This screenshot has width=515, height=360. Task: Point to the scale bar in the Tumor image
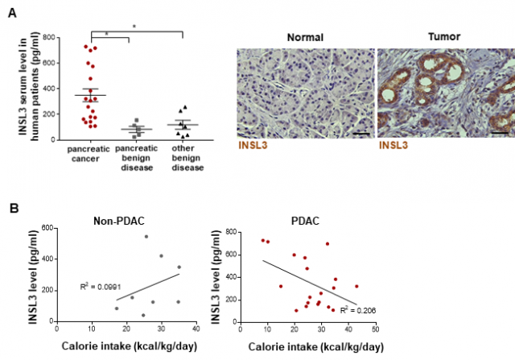point(498,131)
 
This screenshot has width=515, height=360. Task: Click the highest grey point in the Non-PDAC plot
point(146,237)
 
